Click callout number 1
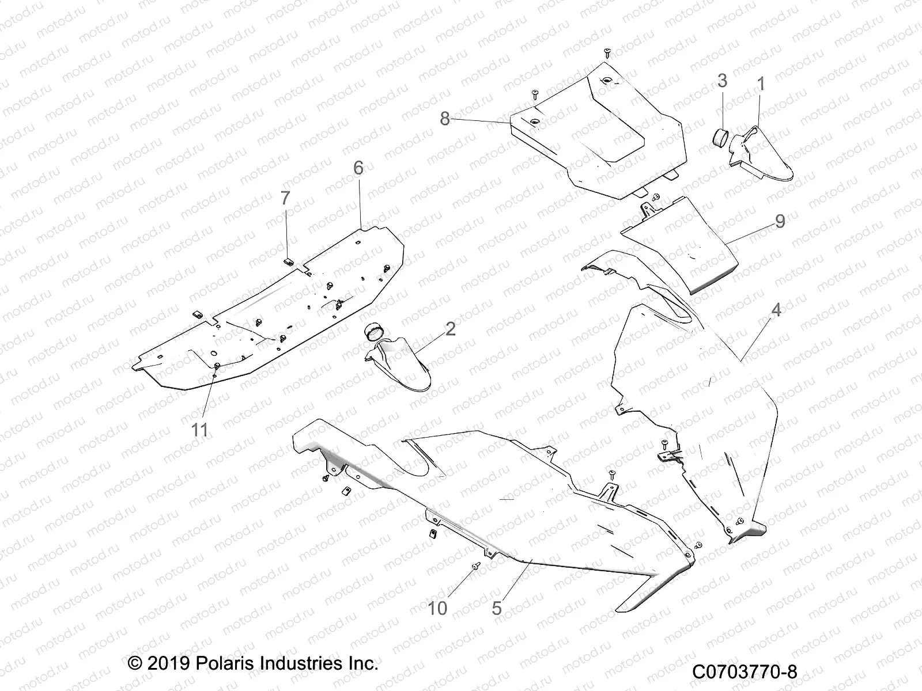[760, 85]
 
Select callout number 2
[451, 329]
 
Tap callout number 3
[723, 81]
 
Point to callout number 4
[776, 310]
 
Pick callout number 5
[497, 608]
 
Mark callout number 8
[445, 119]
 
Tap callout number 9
[780, 221]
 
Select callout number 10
[439, 608]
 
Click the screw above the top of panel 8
[607, 52]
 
